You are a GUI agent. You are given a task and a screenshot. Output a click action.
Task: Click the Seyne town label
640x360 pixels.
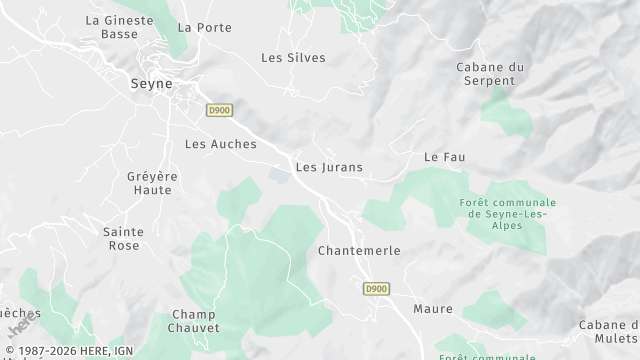pyautogui.click(x=153, y=86)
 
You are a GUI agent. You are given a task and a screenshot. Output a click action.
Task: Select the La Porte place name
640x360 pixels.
pyautogui.click(x=198, y=27)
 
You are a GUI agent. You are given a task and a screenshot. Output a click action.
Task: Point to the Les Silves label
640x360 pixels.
pyautogui.click(x=293, y=58)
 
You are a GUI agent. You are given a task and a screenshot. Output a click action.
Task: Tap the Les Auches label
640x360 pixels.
pyautogui.click(x=221, y=144)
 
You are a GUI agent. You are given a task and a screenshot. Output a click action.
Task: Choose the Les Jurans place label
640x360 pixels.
pyautogui.click(x=329, y=167)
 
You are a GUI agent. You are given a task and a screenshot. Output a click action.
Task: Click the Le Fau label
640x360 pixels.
pyautogui.click(x=445, y=157)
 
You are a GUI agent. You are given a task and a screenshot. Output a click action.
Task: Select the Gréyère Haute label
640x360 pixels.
pyautogui.click(x=152, y=183)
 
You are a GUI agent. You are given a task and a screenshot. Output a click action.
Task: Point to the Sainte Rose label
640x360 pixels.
pyautogui.click(x=123, y=238)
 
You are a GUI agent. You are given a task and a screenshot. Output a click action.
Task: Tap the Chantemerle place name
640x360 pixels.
pyautogui.click(x=359, y=250)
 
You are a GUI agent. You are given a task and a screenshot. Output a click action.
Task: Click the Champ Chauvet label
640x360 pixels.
pyautogui.click(x=194, y=321)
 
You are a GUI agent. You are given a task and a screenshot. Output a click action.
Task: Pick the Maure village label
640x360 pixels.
pyautogui.click(x=432, y=309)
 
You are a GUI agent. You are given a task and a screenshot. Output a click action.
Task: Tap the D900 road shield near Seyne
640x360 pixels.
pyautogui.click(x=219, y=111)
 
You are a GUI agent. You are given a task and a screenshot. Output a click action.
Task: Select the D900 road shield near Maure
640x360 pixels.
pyautogui.click(x=375, y=289)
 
